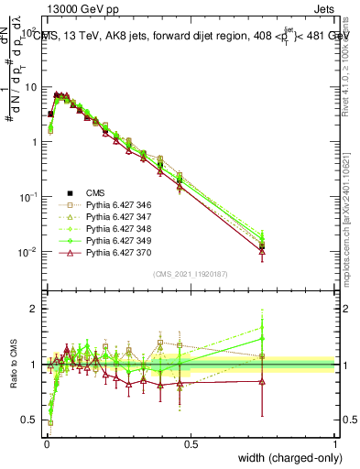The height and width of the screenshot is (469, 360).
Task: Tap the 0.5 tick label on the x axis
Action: point(191,443)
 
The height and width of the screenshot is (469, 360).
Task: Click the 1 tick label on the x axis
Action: point(335,443)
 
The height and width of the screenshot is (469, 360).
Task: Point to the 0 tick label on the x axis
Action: point(47,443)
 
